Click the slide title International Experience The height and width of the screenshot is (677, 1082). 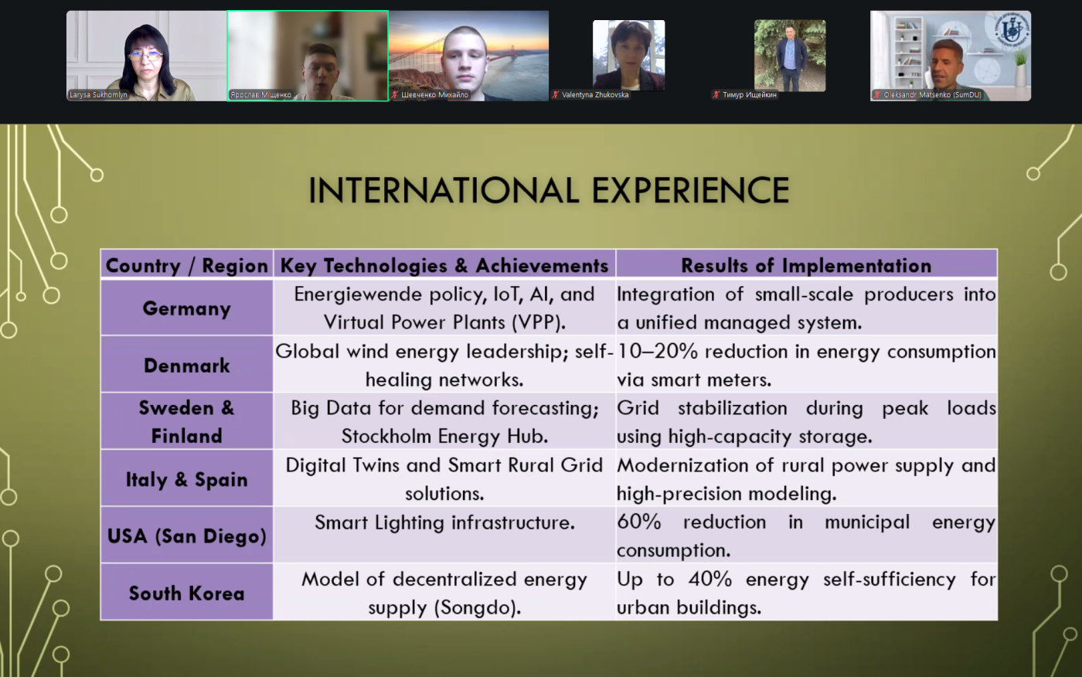tap(549, 190)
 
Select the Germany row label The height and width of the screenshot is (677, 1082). tap(186, 308)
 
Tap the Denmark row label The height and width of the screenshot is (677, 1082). tap(186, 366)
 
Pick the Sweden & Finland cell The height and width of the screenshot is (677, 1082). tap(186, 421)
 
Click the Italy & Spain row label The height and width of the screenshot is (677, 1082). tap(186, 479)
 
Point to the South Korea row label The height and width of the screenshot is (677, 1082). tap(186, 593)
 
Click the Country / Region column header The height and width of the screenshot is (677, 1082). tap(186, 265)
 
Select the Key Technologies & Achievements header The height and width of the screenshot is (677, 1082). tap(444, 265)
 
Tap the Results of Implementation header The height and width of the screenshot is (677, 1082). tap(806, 265)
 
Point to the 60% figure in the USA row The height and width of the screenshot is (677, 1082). tap(638, 522)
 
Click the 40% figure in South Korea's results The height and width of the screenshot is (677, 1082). tap(710, 579)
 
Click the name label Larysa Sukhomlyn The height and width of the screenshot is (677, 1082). tap(98, 94)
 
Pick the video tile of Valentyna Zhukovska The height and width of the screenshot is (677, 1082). tap(629, 56)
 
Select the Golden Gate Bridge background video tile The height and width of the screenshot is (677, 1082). tap(468, 56)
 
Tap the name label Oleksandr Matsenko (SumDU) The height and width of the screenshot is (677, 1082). tap(932, 94)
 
